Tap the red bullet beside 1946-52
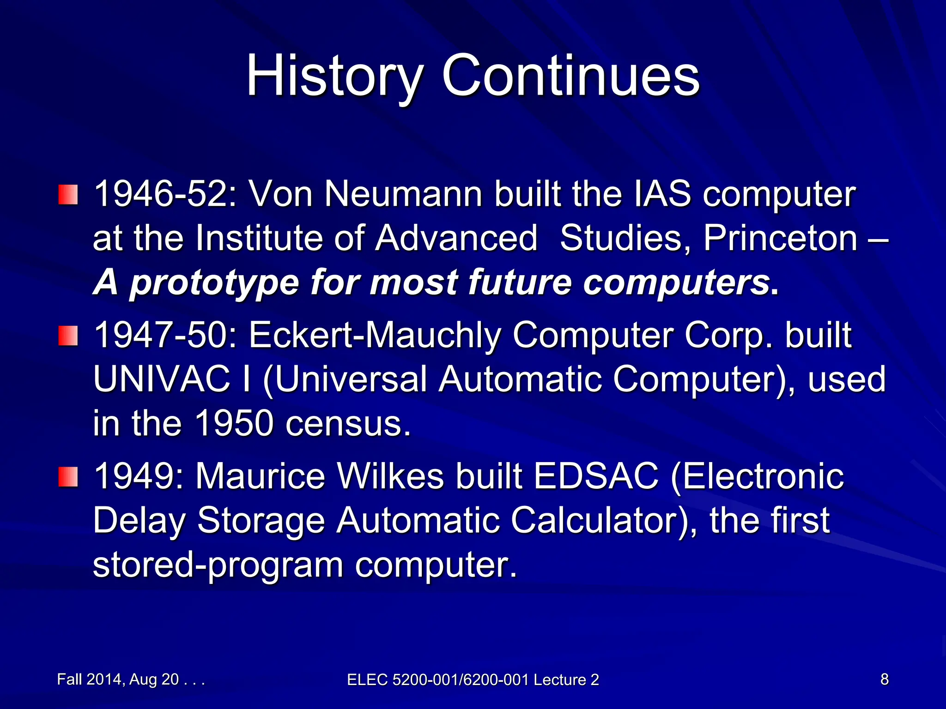point(68,195)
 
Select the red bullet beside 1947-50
point(68,336)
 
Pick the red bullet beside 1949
point(68,477)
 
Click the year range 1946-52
point(165,194)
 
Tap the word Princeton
point(780,239)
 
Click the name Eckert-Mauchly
point(375,335)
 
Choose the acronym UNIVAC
point(162,379)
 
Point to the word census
point(347,424)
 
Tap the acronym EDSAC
point(596,476)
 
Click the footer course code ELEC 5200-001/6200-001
point(437,679)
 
